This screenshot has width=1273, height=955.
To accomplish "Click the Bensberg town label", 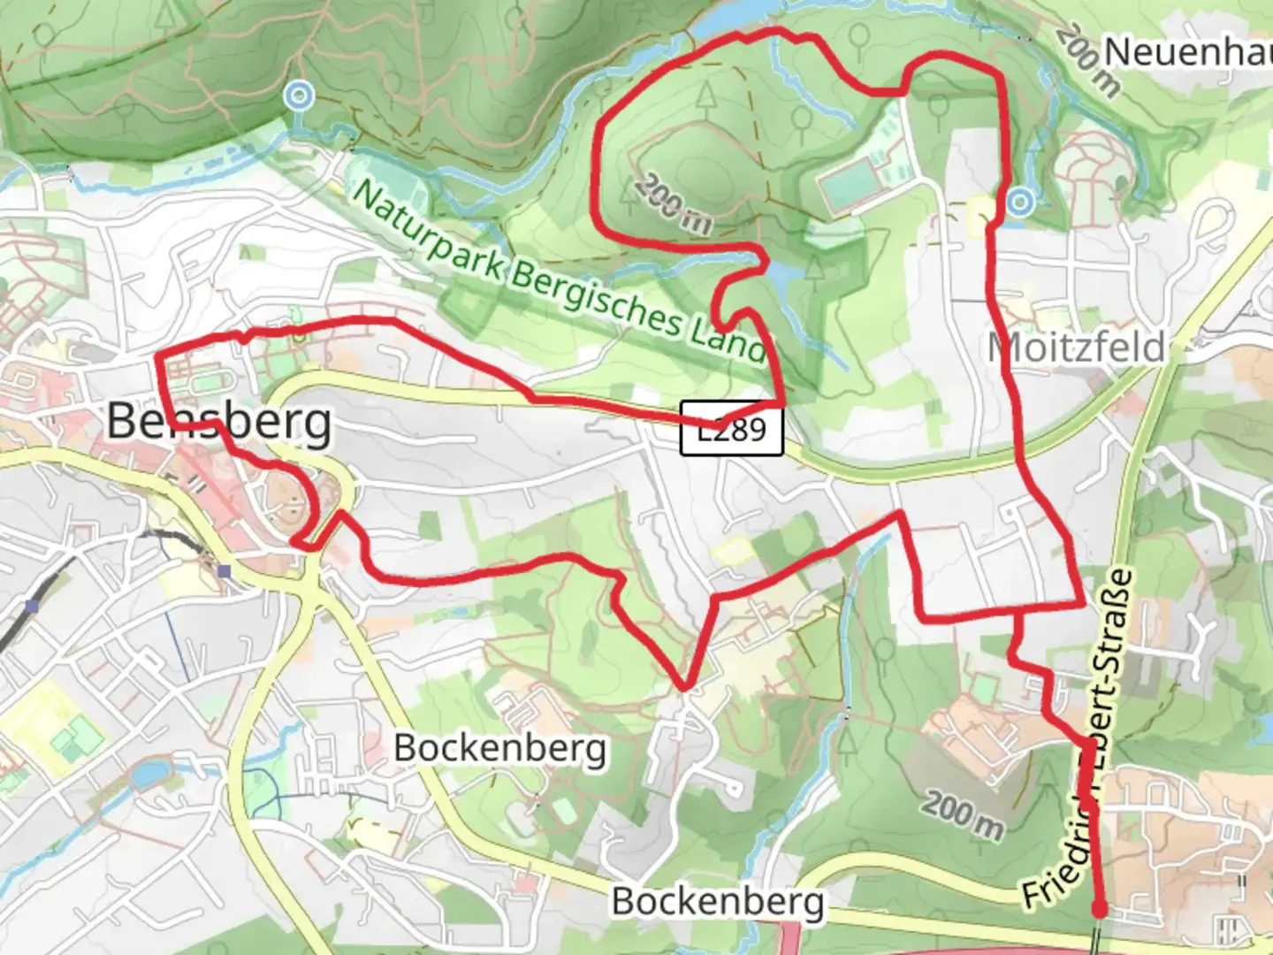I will click(x=219, y=422).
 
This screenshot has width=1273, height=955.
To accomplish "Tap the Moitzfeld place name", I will click(x=1076, y=347).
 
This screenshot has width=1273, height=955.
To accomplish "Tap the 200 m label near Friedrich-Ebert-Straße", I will click(x=964, y=814).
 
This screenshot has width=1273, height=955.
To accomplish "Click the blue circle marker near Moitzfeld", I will click(x=1020, y=202).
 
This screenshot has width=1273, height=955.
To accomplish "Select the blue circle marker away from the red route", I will click(x=300, y=95).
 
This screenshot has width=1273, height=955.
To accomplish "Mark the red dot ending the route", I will click(x=1100, y=908).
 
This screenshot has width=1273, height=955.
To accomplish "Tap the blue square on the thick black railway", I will click(x=33, y=606).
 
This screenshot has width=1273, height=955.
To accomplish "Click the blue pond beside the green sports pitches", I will click(x=150, y=775).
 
